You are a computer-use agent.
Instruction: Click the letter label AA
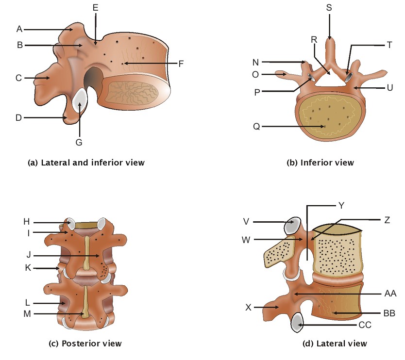click(390, 293)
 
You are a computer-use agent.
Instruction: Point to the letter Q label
click(256, 127)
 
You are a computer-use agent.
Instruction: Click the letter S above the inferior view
click(330, 8)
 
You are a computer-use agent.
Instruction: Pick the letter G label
click(79, 142)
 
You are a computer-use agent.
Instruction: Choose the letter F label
click(181, 63)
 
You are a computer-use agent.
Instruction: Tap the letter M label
click(27, 313)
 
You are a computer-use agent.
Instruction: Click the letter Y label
click(341, 205)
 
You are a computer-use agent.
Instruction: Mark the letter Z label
click(387, 219)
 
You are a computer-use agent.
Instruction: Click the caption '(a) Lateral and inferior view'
click(86, 163)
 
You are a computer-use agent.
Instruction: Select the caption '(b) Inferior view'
click(321, 163)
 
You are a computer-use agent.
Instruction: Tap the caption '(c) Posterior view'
click(86, 344)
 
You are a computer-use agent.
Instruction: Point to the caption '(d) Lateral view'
click(335, 344)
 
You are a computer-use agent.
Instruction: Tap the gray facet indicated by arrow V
click(291, 225)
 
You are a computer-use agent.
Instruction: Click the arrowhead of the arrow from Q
click(324, 127)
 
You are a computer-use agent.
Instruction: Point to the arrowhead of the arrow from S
click(330, 38)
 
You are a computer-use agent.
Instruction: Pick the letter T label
click(389, 45)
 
